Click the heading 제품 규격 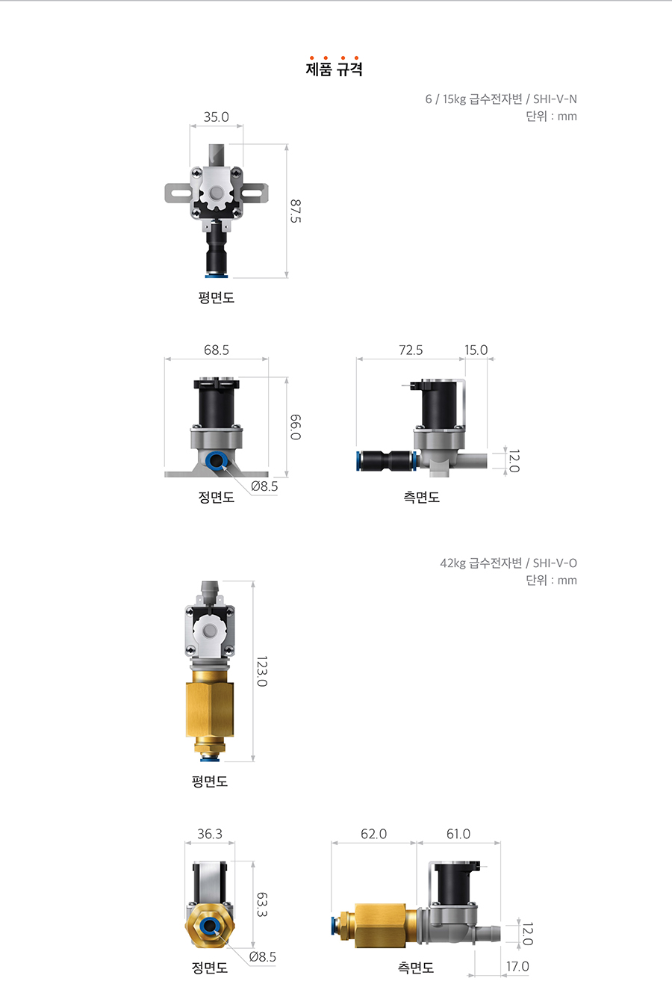point(335,69)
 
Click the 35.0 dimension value point(217,117)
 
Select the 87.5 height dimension point(296,211)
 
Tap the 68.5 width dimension point(217,350)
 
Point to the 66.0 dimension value point(296,427)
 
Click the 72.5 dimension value point(411,350)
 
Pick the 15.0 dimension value point(476,350)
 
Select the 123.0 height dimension point(261,672)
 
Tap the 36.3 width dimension point(210,834)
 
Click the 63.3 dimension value point(261,905)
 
